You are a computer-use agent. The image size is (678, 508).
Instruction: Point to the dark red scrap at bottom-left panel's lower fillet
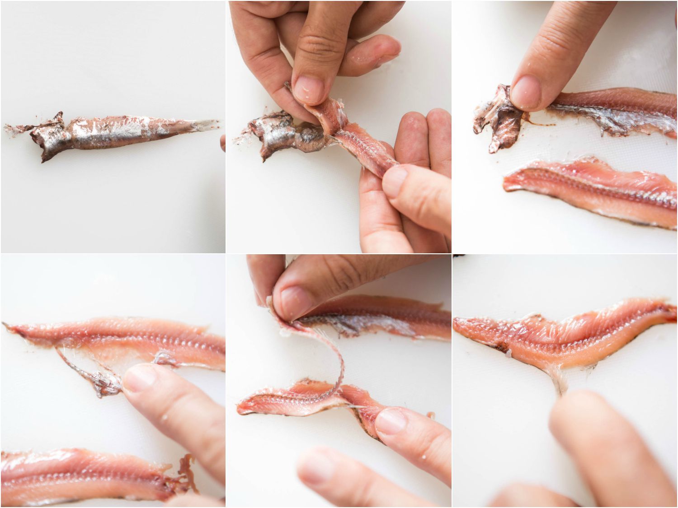pos(185,470)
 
